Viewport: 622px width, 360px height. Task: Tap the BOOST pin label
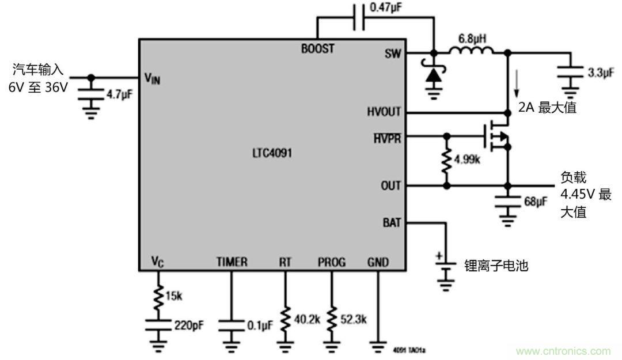(317, 49)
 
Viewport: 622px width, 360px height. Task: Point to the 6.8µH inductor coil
(471, 52)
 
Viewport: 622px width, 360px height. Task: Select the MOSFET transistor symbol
(496, 137)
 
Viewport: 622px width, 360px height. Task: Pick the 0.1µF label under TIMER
(259, 326)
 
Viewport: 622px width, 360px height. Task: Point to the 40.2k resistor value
(306, 319)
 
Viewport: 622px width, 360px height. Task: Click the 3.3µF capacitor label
(599, 74)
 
